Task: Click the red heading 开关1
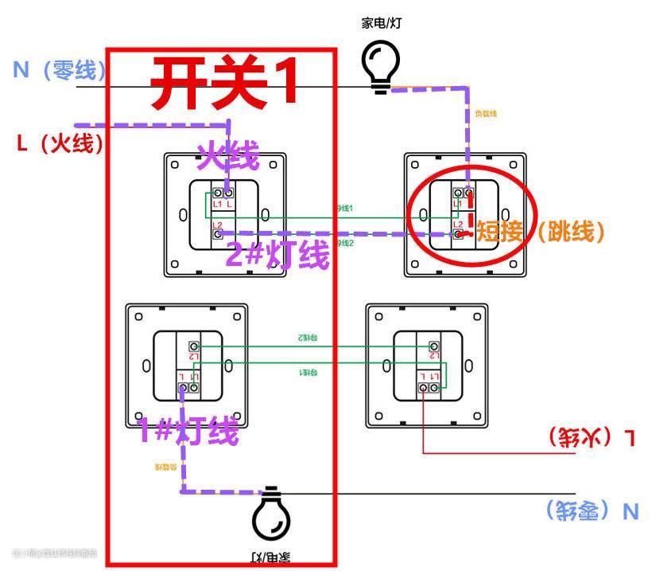pyautogui.click(x=224, y=83)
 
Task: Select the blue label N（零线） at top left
pyautogui.click(x=60, y=71)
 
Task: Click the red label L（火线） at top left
pyautogui.click(x=60, y=143)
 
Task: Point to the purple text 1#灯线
pyautogui.click(x=188, y=432)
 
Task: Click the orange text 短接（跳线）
pyautogui.click(x=540, y=232)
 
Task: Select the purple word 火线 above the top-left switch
pyautogui.click(x=228, y=156)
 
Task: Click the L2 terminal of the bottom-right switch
pyautogui.click(x=433, y=346)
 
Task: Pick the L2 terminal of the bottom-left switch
pyautogui.click(x=194, y=346)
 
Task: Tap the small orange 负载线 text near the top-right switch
pyautogui.click(x=485, y=114)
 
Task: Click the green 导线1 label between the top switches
pyautogui.click(x=344, y=208)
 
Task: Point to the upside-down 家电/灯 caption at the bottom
pyautogui.click(x=270, y=556)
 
